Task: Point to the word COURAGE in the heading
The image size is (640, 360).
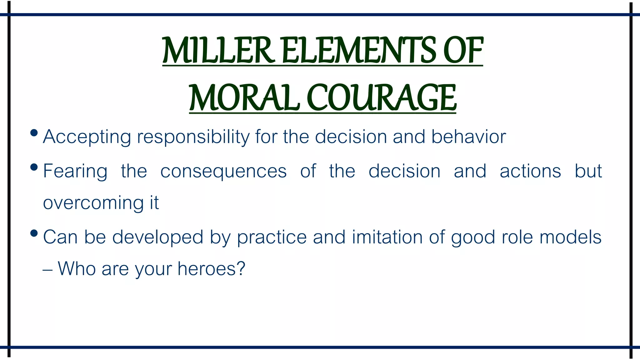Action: pos(382,97)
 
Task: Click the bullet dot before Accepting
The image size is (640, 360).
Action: pos(34,133)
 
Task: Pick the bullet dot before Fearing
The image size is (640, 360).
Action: pos(34,167)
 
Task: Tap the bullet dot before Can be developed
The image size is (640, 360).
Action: pos(34,233)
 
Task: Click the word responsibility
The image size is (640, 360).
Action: pos(193,137)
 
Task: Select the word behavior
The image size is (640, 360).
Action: pos(468,137)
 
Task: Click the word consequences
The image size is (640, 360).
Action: pos(223,171)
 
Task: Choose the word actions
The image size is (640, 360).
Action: pos(530,171)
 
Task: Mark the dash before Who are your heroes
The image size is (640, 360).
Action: pos(47,269)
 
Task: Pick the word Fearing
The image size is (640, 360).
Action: pos(75,171)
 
